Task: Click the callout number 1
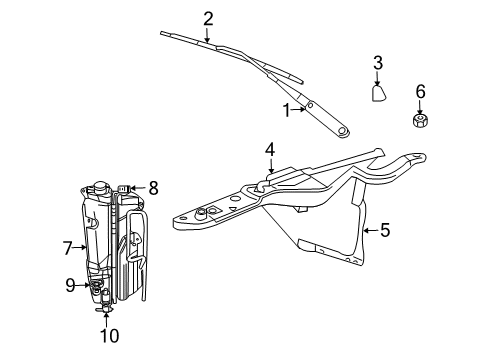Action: coord(288,109)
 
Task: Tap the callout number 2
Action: coord(208,17)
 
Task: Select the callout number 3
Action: coord(378,63)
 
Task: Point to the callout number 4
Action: coord(269,151)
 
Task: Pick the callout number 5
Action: coord(385,229)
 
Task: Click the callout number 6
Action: coord(420,91)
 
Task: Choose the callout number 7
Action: coord(67,247)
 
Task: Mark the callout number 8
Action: coord(153,186)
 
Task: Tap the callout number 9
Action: coord(70,286)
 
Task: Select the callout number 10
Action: coord(108,336)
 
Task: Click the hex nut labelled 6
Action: coord(420,121)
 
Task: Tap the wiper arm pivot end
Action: coord(344,130)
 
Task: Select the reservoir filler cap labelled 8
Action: coord(125,188)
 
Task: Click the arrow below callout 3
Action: coord(378,77)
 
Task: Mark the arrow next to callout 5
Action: coord(370,229)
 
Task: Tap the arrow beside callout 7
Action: coord(80,247)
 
